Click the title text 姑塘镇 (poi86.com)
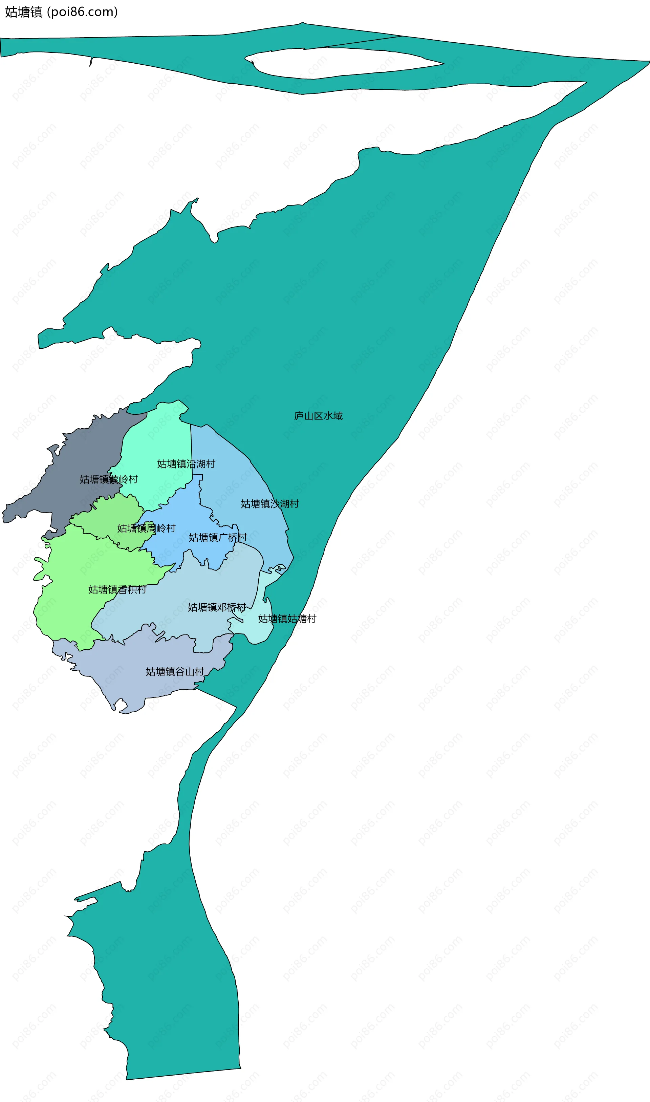61,12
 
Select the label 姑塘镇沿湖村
186,464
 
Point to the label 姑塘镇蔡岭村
109,479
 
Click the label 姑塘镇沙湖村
270,504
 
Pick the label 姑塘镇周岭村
146,528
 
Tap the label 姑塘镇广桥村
218,537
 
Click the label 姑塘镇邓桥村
217,607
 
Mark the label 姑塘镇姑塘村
287,619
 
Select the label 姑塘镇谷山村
175,671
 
